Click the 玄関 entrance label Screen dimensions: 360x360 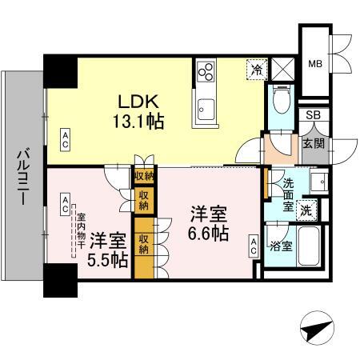[x=313, y=145]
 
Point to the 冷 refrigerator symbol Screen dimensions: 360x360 [x=257, y=69]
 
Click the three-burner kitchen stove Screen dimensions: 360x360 [x=206, y=71]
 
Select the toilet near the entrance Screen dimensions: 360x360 [x=278, y=100]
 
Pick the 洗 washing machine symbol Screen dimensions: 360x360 [x=306, y=211]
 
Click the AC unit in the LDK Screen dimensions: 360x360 [x=65, y=140]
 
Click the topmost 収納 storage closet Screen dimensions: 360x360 [x=144, y=176]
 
